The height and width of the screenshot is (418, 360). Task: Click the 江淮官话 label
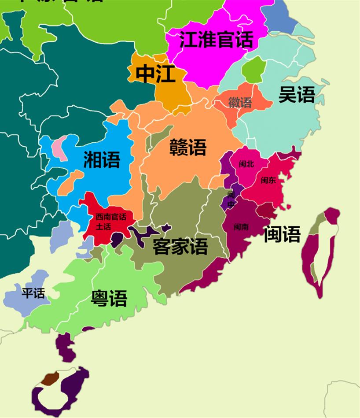click(x=216, y=40)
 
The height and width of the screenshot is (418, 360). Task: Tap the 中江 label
click(x=155, y=74)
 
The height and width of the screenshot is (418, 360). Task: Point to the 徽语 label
click(x=240, y=103)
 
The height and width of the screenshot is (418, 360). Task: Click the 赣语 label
click(x=188, y=147)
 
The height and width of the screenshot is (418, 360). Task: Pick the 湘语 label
click(x=102, y=159)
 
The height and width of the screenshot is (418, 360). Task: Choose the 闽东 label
click(x=268, y=180)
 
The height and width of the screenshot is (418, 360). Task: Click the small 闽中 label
click(x=231, y=199)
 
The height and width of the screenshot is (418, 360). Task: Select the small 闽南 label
click(x=241, y=227)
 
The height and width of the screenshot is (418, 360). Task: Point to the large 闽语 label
click(x=282, y=234)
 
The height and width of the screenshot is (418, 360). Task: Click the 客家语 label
click(x=180, y=246)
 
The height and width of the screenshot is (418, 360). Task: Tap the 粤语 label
click(x=109, y=298)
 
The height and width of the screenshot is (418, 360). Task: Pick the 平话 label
click(x=33, y=292)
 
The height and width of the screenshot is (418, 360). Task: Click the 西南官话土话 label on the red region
click(x=110, y=222)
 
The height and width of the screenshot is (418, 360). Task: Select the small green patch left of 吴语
click(x=254, y=70)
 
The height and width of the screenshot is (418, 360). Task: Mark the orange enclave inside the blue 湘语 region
click(x=70, y=182)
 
